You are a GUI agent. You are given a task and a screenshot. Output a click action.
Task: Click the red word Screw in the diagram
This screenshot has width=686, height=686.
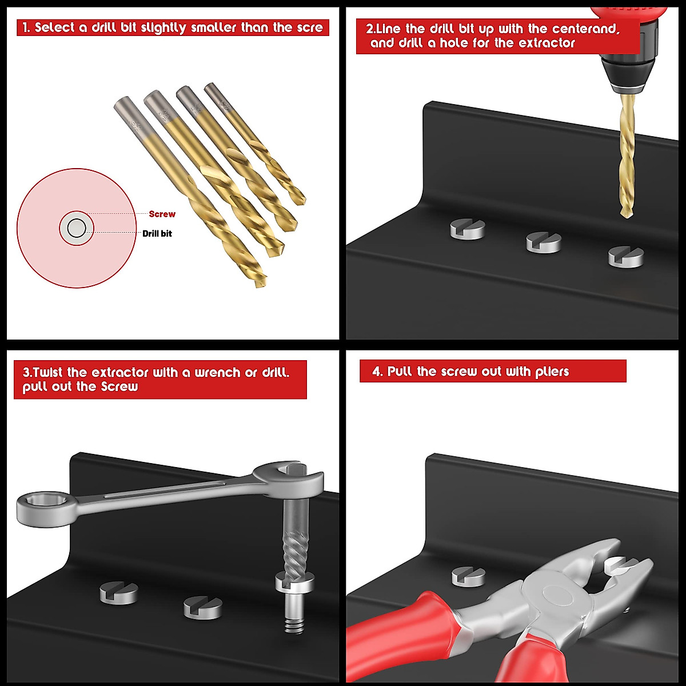(x=162, y=214)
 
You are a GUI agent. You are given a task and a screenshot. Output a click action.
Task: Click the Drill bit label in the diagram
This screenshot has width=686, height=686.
(x=157, y=233)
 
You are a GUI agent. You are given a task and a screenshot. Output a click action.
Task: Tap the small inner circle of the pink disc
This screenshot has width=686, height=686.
(x=76, y=229)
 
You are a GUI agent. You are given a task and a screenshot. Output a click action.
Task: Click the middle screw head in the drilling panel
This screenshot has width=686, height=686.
(x=543, y=242)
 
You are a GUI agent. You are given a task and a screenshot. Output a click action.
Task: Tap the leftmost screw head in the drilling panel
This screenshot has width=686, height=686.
(x=467, y=229)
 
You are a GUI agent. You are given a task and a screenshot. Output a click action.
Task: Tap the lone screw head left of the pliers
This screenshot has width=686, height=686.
(x=468, y=576)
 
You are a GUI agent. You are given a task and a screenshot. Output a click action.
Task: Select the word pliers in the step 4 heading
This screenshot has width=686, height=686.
(x=552, y=372)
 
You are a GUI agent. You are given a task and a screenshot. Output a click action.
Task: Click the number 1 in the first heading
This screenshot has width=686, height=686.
(x=26, y=27)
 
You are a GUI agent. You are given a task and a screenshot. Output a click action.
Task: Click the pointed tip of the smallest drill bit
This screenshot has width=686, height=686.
(x=301, y=201)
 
